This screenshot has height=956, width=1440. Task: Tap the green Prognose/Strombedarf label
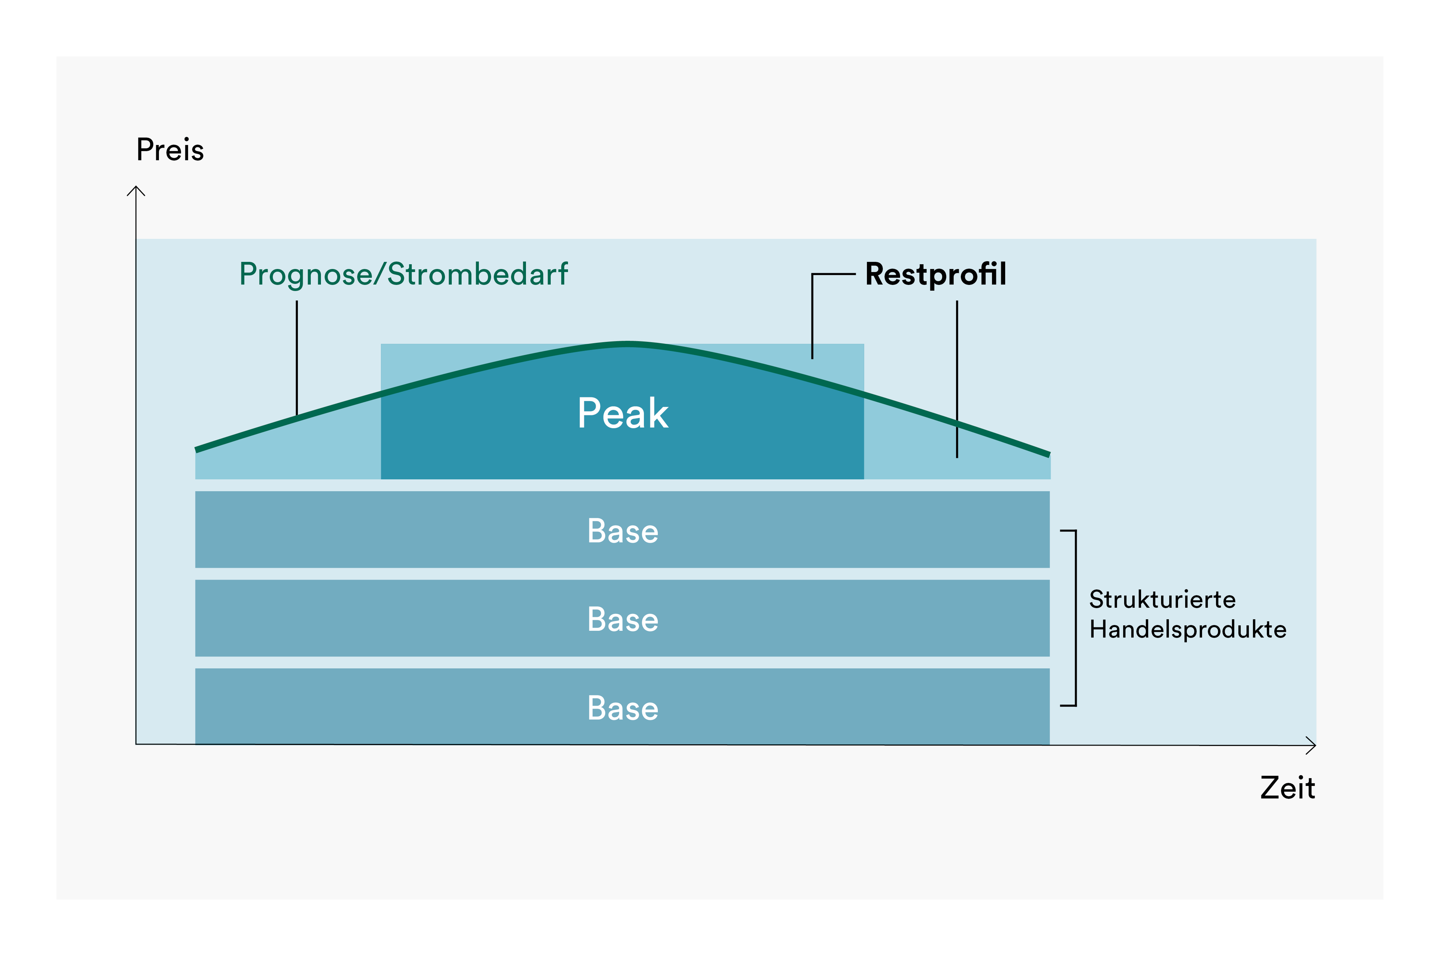pyautogui.click(x=403, y=274)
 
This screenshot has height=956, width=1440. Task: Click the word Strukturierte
pyautogui.click(x=1162, y=599)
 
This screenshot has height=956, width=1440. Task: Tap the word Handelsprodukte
pyautogui.click(x=1187, y=629)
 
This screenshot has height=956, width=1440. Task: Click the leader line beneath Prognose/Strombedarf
pyautogui.click(x=297, y=357)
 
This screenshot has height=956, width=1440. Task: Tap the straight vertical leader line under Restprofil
pyautogui.click(x=957, y=378)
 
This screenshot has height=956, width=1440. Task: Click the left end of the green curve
pyautogui.click(x=196, y=450)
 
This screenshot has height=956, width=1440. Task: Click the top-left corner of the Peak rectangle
pyautogui.click(x=381, y=344)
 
